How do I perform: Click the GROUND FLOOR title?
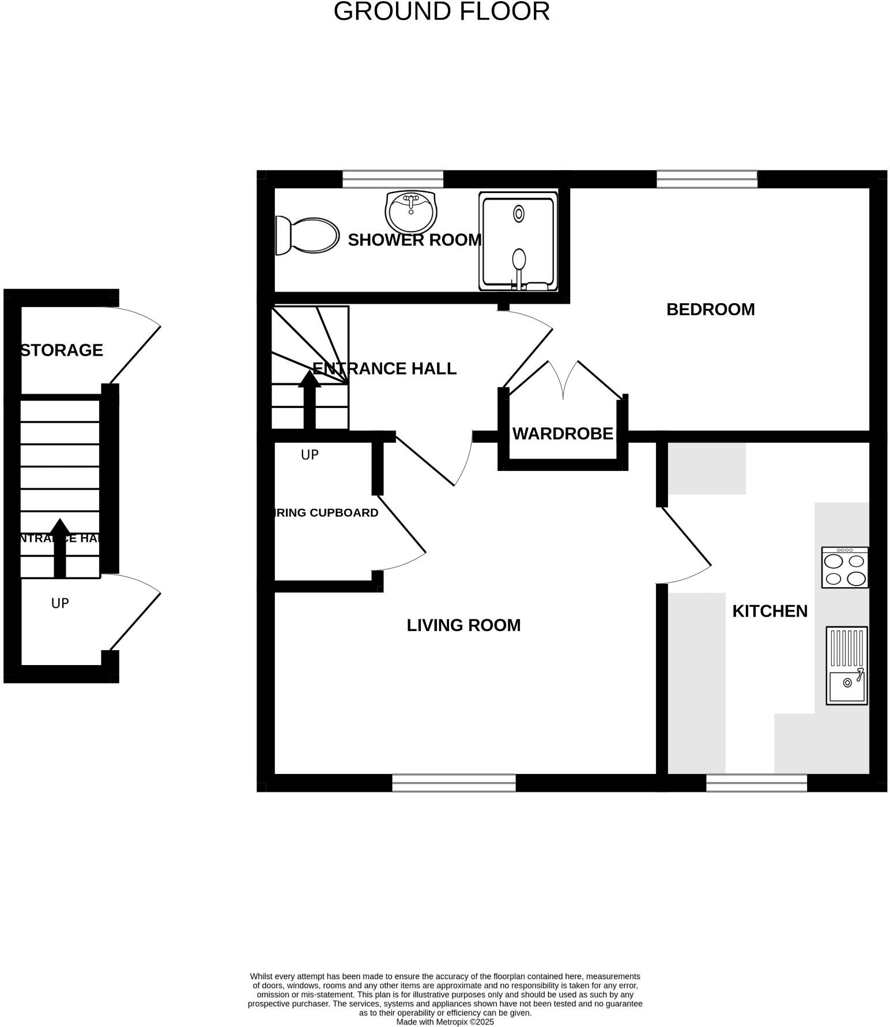[x=442, y=12]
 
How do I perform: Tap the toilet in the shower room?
[x=307, y=235]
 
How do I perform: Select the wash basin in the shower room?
[x=410, y=211]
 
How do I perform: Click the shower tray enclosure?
[x=518, y=241]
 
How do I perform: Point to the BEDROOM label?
[x=710, y=309]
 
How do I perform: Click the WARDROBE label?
[x=563, y=433]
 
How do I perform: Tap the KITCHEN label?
[x=770, y=611]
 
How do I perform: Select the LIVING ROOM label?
[x=463, y=625]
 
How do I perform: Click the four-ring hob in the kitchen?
[x=844, y=567]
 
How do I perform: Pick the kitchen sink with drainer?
[x=846, y=666]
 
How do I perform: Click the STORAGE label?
[x=62, y=350]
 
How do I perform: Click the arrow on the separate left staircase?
[x=60, y=548]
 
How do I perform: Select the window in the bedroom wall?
[x=707, y=179]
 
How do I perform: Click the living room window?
[x=454, y=783]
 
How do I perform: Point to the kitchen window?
[x=756, y=783]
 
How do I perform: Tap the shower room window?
[x=393, y=179]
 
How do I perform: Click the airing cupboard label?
[x=326, y=512]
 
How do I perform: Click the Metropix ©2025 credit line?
[x=445, y=1022]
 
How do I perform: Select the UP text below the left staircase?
[x=60, y=603]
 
